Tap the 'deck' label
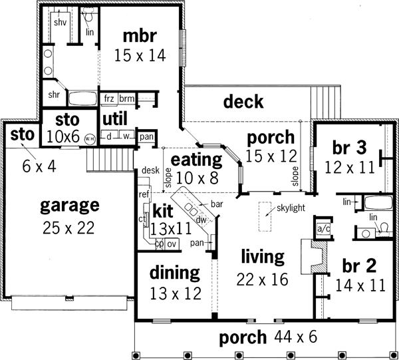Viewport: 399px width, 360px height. [x=243, y=102]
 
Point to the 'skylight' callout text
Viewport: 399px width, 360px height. [x=292, y=208]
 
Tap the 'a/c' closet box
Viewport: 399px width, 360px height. [x=325, y=228]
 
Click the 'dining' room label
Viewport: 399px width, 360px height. [x=174, y=272]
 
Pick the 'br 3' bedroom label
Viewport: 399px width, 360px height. [x=344, y=146]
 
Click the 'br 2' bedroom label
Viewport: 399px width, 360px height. [x=360, y=266]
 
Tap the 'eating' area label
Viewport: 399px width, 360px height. [x=197, y=160]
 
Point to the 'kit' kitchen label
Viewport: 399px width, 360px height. [x=164, y=211]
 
